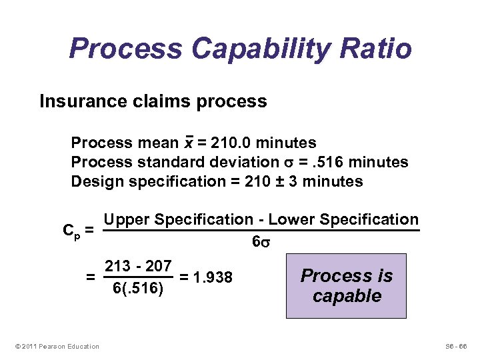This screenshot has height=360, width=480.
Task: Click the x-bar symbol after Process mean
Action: click(x=189, y=143)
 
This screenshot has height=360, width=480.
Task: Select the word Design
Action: click(x=94, y=182)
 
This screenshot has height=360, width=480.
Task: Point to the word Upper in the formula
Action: click(x=127, y=220)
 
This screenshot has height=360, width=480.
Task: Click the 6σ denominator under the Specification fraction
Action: click(x=261, y=243)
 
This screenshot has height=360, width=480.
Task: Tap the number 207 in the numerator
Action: click(x=159, y=266)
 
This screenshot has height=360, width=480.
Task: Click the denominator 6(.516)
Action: click(x=138, y=289)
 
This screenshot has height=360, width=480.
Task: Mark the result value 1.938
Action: click(x=211, y=277)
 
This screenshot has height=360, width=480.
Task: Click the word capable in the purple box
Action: click(x=347, y=295)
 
